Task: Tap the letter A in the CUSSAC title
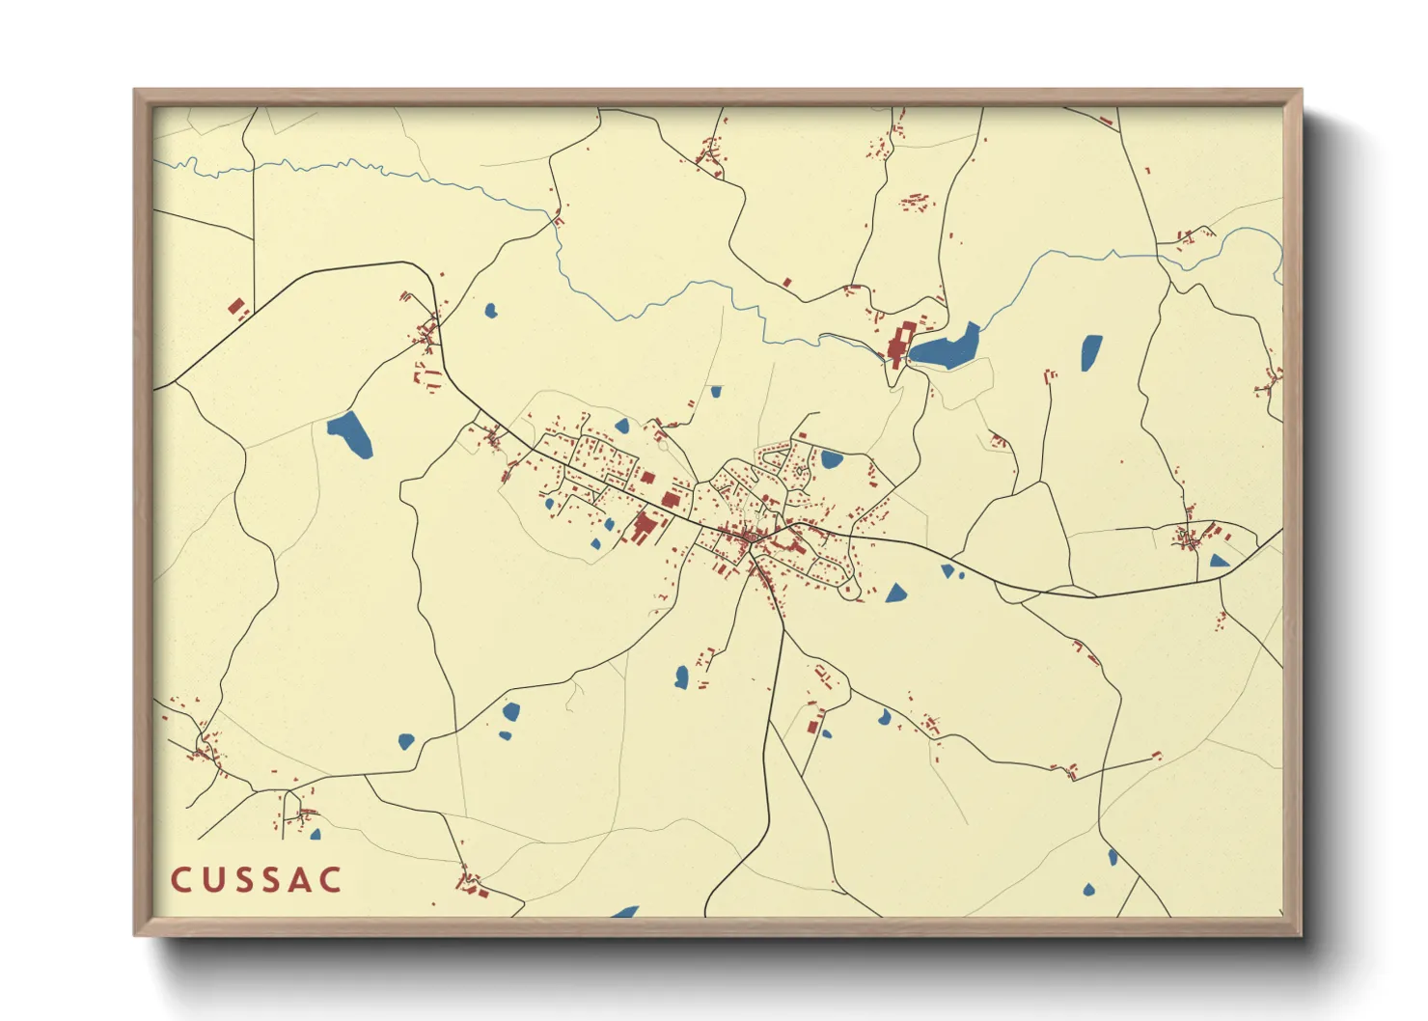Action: pyautogui.click(x=297, y=880)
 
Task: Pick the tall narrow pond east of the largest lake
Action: pyautogui.click(x=1090, y=352)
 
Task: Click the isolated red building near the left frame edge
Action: pyautogui.click(x=236, y=308)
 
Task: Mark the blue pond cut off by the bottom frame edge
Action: pyautogui.click(x=625, y=912)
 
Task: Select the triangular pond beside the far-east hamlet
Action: pyautogui.click(x=1219, y=561)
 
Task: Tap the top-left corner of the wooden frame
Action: pyautogui.click(x=136, y=92)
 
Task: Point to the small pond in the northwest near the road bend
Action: pyautogui.click(x=490, y=311)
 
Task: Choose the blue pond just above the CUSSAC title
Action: pyautogui.click(x=315, y=834)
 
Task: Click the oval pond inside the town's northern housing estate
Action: pyautogui.click(x=831, y=459)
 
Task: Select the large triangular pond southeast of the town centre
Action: pyautogui.click(x=896, y=592)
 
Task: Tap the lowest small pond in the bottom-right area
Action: pyautogui.click(x=1089, y=890)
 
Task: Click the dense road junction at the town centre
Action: pyautogui.click(x=750, y=538)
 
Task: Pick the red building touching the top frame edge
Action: pyautogui.click(x=1106, y=121)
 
